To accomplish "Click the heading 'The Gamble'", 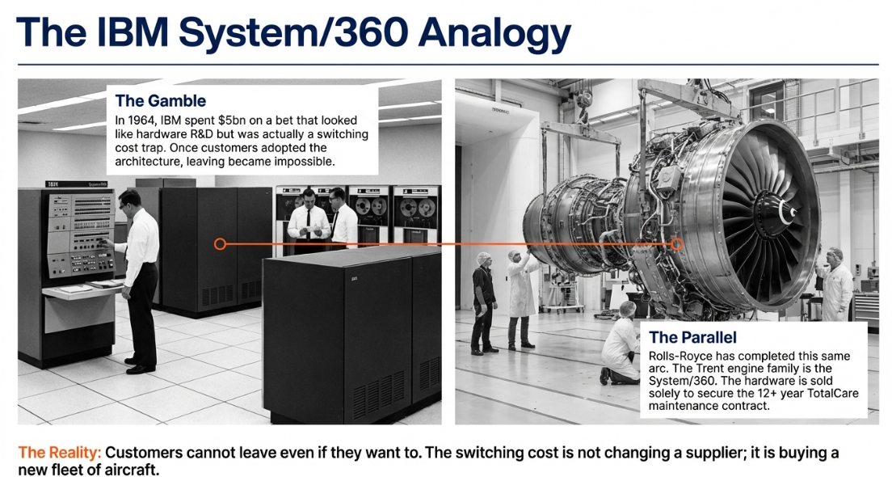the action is click(x=161, y=101).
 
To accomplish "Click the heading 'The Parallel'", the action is click(x=692, y=337).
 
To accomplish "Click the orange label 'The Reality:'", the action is click(x=60, y=453).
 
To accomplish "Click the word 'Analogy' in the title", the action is click(x=494, y=34).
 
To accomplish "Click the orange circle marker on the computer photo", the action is click(x=220, y=244).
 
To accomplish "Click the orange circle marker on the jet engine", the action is click(x=677, y=244).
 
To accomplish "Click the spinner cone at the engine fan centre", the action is click(x=774, y=213).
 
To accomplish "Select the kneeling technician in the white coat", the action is click(x=621, y=344).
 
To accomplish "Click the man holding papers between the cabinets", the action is click(x=308, y=221).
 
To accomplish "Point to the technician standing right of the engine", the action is click(x=835, y=285).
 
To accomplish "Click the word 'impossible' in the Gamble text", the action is click(x=309, y=162).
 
